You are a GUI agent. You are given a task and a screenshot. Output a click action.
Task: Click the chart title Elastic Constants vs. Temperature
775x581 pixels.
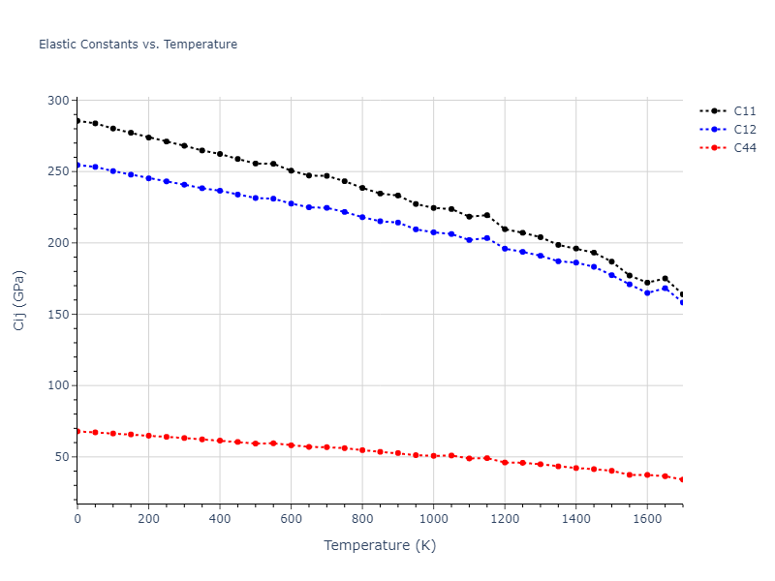138,45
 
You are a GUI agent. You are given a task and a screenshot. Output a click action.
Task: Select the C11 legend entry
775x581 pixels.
744,110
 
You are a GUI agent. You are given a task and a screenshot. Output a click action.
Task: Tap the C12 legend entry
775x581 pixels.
744,129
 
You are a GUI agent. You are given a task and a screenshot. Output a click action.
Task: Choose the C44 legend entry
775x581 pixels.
744,148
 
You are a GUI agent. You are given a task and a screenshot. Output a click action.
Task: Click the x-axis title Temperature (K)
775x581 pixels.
380,545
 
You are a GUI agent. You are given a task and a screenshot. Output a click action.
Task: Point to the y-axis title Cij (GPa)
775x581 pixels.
19,300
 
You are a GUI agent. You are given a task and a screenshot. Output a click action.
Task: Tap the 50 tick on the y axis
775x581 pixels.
62,457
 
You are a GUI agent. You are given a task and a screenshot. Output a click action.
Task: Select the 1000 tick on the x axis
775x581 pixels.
433,518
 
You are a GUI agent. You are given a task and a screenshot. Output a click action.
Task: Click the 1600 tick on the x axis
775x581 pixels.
647,518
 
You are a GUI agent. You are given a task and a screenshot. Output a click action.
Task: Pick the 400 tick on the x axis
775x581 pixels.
220,518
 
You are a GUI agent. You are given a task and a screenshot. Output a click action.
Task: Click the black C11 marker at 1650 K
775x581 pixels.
665,279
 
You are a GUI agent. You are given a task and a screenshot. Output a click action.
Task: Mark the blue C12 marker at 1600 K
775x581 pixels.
647,292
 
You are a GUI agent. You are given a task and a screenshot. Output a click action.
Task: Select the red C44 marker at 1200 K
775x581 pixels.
505,463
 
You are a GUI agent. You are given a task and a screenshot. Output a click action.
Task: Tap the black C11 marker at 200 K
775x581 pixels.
148,138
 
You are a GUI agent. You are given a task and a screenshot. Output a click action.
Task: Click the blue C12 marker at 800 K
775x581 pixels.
362,217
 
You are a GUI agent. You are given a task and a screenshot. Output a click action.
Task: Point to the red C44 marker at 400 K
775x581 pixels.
220,441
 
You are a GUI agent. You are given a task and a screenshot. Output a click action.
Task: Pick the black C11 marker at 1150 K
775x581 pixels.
486,215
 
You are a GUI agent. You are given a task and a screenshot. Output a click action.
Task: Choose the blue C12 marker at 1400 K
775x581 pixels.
575,262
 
